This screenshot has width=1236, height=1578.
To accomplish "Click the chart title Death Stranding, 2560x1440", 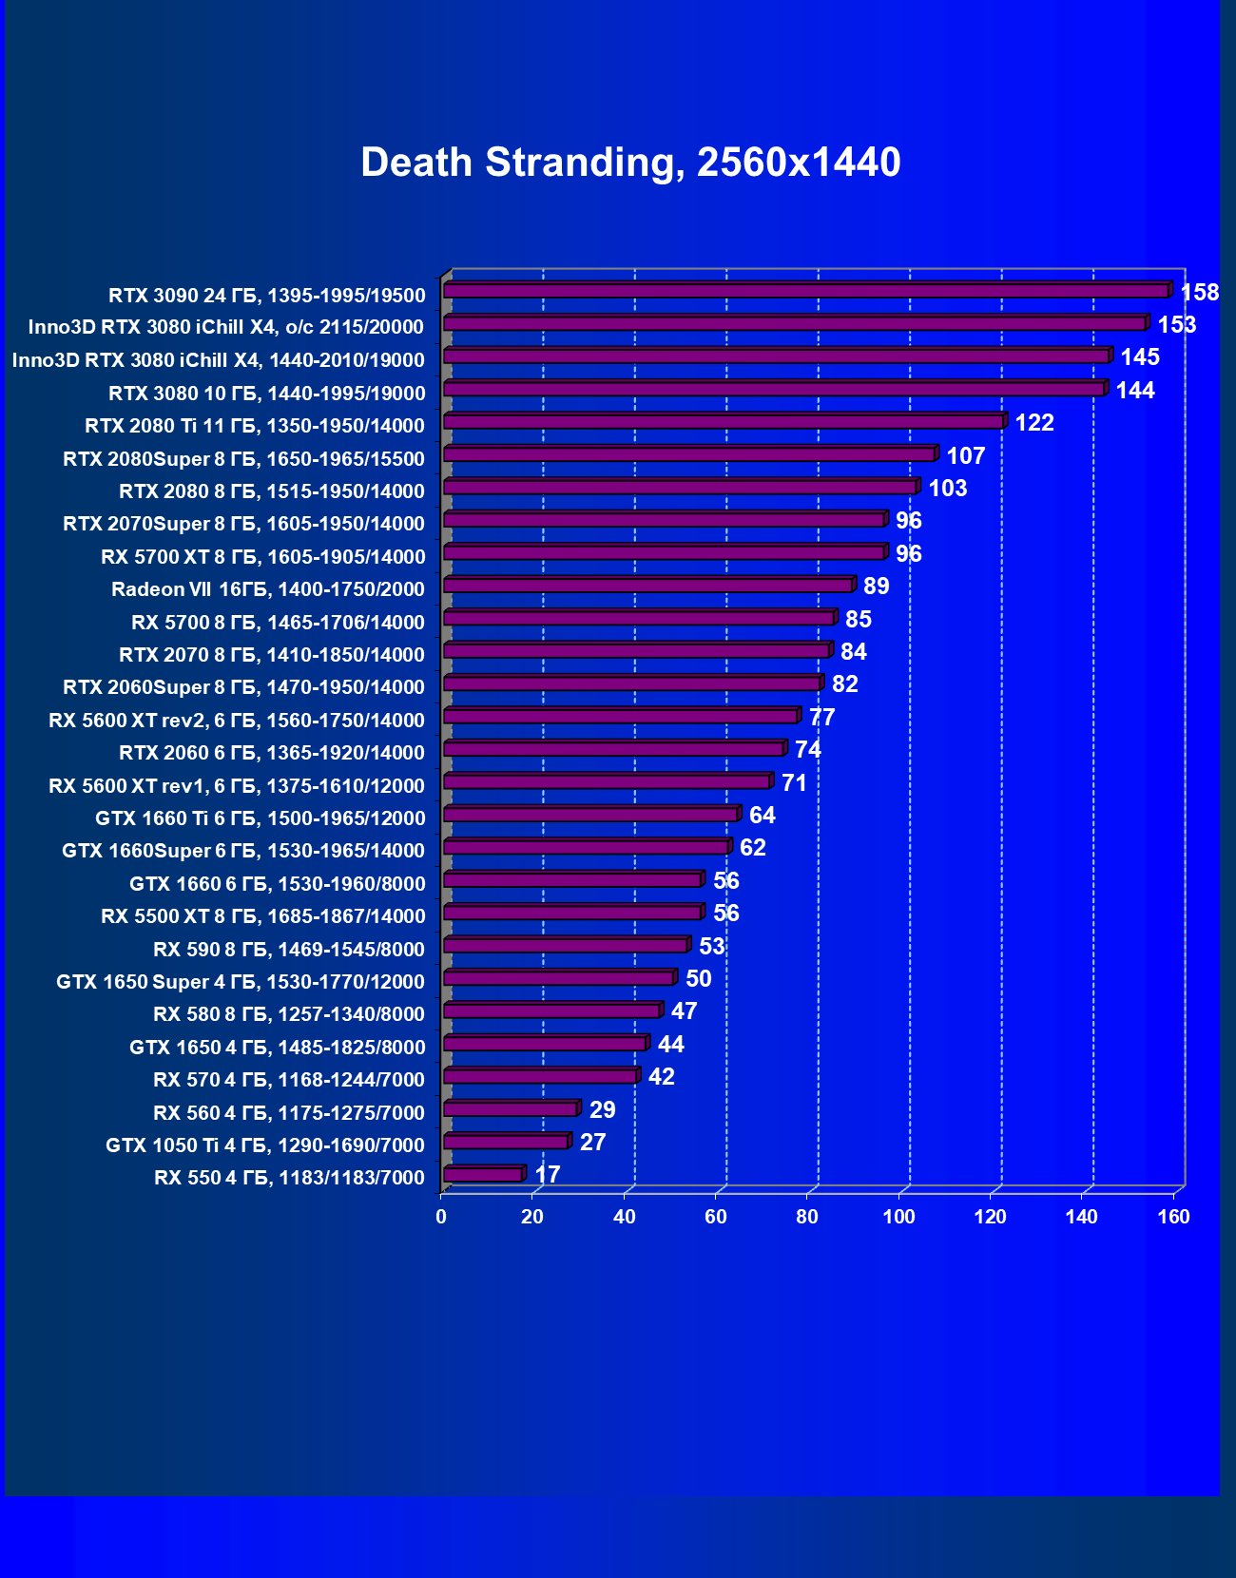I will (630, 163).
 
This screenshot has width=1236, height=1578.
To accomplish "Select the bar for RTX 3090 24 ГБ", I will (806, 290).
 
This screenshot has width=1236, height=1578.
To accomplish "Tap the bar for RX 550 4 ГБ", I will (483, 1174).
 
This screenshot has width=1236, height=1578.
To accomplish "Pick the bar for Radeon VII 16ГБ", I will (648, 585).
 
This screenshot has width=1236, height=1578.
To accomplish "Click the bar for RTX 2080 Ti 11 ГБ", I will (724, 421).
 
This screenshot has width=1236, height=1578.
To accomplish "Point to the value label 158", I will (1199, 293).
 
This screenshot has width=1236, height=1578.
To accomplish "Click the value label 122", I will (1034, 423).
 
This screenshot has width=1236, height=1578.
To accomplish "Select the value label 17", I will (548, 1175).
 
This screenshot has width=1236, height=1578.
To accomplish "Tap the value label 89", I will (876, 587).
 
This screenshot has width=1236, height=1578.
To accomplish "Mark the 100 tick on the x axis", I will (898, 1217).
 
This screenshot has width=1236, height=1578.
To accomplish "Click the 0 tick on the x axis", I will (441, 1217).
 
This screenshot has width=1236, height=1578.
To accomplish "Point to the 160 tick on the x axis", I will (1173, 1217).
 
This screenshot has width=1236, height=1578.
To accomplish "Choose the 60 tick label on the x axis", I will (715, 1217).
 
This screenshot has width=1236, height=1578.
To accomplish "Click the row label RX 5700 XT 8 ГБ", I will (262, 557).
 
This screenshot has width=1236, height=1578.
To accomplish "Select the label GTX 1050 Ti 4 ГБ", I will (264, 1145).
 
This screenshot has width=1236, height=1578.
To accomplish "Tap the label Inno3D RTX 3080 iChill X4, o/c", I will (225, 327).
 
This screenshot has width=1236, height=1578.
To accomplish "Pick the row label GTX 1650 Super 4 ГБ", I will (240, 982).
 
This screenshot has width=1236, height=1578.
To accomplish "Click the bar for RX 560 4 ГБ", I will (511, 1108).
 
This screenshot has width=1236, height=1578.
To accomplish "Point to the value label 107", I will (965, 456).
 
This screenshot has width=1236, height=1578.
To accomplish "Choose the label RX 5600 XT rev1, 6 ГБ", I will (236, 786).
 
